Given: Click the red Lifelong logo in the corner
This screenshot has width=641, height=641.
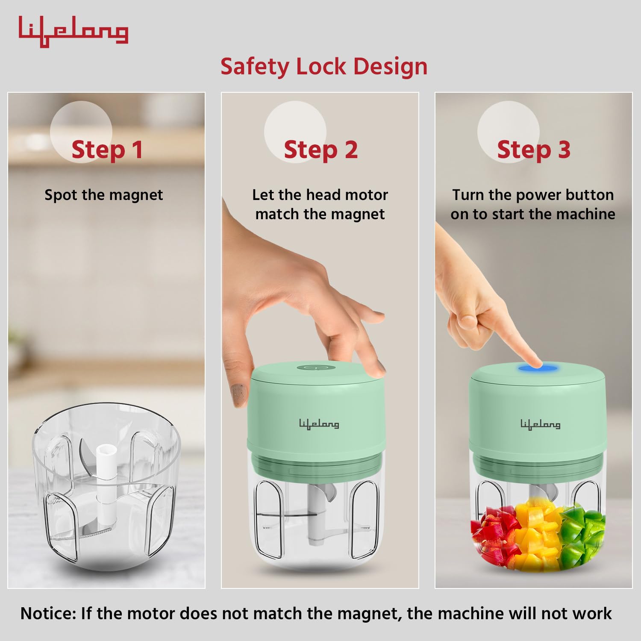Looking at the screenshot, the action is pos(73,32).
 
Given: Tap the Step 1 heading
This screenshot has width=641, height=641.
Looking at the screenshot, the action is pos(107,150).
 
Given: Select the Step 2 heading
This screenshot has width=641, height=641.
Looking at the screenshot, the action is pos(320,150).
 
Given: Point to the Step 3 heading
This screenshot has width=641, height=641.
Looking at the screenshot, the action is pos(534,150).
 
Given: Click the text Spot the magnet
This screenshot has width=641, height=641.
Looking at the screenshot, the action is pos(104,195).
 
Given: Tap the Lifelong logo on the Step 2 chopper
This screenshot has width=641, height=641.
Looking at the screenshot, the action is pos(319,424).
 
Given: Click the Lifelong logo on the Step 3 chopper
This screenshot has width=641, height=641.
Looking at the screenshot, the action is pos(540,424).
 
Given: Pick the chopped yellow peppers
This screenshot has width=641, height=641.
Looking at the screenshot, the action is pos(538,534).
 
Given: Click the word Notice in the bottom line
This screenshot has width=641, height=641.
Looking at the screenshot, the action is pos(48,614).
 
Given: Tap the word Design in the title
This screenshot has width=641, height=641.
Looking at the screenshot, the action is pos(390,67).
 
